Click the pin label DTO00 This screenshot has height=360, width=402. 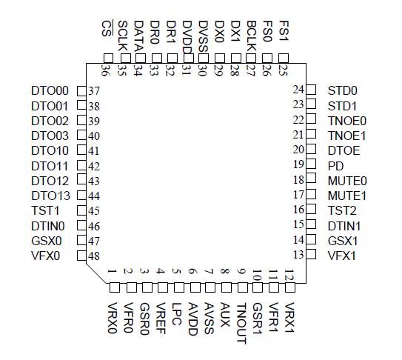point(49,90)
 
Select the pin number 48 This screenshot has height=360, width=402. point(94,256)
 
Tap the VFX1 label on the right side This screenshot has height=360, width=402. point(342,256)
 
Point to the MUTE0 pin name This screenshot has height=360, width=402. point(347,180)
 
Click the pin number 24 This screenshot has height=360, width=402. point(299,90)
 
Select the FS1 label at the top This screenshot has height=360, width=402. point(284,32)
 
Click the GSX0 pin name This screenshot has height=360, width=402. point(47,241)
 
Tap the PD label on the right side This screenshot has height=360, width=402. point(335,165)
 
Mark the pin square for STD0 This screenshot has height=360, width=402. point(312,90)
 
